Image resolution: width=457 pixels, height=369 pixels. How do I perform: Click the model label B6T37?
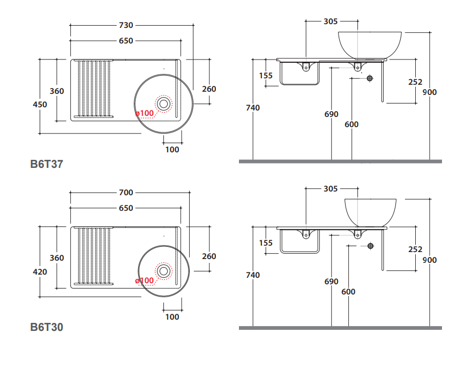(47, 164)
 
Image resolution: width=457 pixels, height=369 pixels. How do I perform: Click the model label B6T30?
(47, 327)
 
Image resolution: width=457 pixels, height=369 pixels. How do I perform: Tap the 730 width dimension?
(126, 25)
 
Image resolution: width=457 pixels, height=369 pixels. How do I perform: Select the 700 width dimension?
(126, 193)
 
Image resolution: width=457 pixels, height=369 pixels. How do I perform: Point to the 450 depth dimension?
(39, 105)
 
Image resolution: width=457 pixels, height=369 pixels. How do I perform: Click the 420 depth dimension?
(39, 272)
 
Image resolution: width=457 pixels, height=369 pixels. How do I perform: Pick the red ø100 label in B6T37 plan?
(145, 113)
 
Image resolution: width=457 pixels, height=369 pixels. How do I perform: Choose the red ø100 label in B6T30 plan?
(145, 281)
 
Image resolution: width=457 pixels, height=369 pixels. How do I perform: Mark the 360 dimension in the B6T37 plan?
(57, 91)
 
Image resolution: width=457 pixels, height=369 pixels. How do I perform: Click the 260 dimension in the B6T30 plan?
(209, 256)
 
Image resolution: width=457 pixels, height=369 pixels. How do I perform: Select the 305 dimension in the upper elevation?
(331, 21)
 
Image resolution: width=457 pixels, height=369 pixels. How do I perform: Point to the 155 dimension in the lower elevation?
(266, 243)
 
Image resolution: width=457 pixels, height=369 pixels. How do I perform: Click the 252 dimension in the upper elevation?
(415, 82)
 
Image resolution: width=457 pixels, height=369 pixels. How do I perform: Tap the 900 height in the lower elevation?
(429, 260)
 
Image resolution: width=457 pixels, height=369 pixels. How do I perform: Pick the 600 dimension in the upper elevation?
(351, 124)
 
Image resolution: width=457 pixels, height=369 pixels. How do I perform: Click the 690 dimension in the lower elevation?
(332, 282)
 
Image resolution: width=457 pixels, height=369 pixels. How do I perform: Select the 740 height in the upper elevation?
(253, 108)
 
